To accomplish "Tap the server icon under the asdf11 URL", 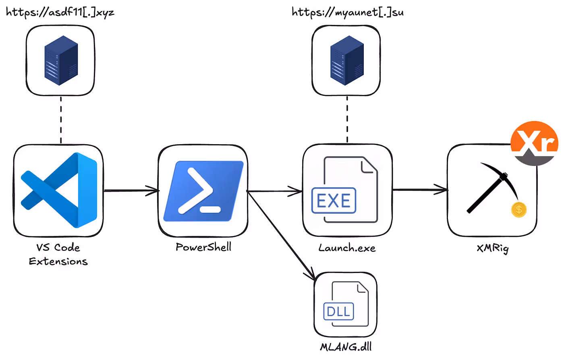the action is pyautogui.click(x=61, y=60).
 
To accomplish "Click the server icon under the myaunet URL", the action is pyautogui.click(x=347, y=60).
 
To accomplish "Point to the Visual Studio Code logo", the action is pyautogui.click(x=59, y=190).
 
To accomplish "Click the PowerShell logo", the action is pyautogui.click(x=203, y=191).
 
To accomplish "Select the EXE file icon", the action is pyautogui.click(x=344, y=190).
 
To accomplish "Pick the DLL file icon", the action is pyautogui.click(x=346, y=304).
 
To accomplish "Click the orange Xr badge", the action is pyautogui.click(x=534, y=143).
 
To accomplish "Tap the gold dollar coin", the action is pyautogui.click(x=519, y=210).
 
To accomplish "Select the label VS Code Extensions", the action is pyautogui.click(x=58, y=254).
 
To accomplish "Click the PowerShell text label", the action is pyautogui.click(x=203, y=247).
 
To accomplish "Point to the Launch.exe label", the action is pyautogui.click(x=347, y=248).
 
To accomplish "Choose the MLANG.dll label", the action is pyautogui.click(x=346, y=347).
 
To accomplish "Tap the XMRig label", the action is pyautogui.click(x=493, y=249).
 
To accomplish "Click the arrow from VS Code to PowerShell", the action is pyautogui.click(x=131, y=190).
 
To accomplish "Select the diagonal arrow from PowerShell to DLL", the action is pyautogui.click(x=282, y=236).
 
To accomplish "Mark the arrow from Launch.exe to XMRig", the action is pyautogui.click(x=420, y=190).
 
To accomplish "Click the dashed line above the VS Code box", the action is pyautogui.click(x=61, y=120).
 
